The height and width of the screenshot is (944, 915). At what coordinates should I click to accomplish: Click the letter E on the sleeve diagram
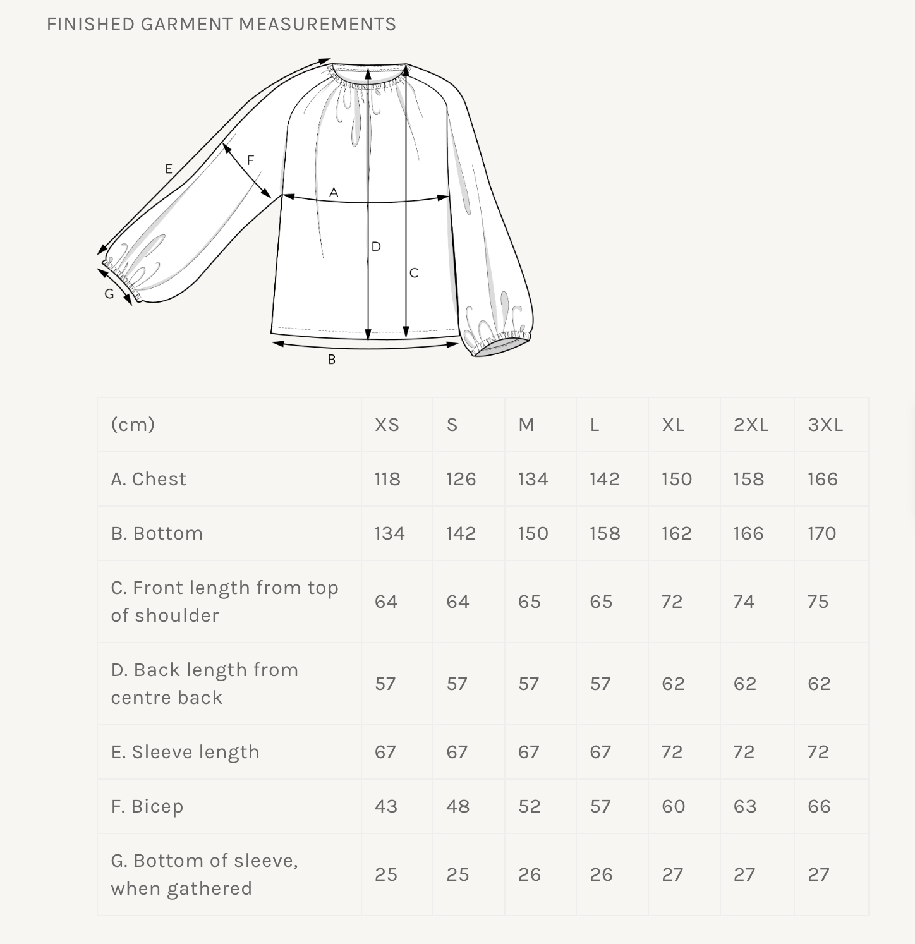point(168,169)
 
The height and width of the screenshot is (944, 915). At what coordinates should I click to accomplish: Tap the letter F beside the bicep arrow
point(250,160)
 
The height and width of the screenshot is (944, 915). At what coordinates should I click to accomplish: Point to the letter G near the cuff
point(109,294)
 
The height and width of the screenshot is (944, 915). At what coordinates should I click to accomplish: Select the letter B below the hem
point(331,360)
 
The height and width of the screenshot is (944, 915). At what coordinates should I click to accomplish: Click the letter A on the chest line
point(334,192)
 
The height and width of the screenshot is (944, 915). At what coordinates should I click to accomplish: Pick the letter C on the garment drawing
point(414,273)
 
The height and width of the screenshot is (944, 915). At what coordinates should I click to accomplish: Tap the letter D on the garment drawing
point(376,246)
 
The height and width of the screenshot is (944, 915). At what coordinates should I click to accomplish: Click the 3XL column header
point(825,425)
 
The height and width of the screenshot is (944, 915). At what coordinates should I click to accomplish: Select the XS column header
point(387,425)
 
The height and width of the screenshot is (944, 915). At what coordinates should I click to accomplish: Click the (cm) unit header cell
point(133,425)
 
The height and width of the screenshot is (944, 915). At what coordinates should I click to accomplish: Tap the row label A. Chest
point(148,479)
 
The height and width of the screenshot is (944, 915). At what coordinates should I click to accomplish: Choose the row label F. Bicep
point(147,806)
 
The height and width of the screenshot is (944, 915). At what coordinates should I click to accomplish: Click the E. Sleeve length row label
point(185,752)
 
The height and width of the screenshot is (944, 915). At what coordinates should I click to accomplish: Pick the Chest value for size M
point(533,479)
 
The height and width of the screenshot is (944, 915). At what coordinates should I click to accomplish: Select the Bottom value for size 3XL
point(821,533)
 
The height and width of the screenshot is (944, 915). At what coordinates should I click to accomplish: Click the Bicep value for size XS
point(386,806)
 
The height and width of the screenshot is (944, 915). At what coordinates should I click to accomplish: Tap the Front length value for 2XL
point(744,602)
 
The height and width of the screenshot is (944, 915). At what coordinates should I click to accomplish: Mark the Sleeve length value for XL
point(672,752)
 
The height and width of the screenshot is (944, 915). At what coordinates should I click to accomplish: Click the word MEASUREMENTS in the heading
point(317,24)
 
